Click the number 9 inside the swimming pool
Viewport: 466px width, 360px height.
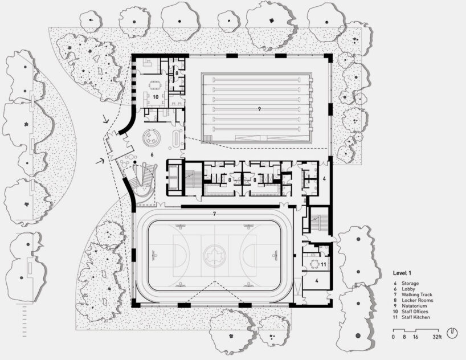[x=259, y=108]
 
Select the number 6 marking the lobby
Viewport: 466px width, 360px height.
[x=152, y=154]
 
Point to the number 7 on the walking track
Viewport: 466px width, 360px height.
[x=214, y=214]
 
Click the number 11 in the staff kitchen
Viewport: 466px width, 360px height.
[x=322, y=265]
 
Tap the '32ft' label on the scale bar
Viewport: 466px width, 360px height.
[x=438, y=337]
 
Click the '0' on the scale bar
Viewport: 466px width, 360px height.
[x=393, y=337]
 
